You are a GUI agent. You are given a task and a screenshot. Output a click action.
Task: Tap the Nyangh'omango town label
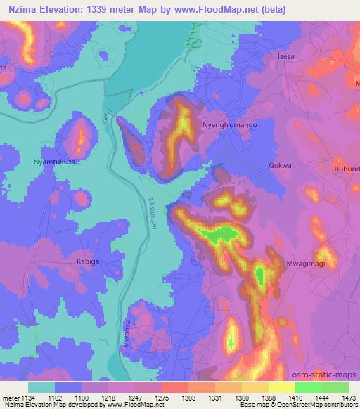click(x=230, y=124)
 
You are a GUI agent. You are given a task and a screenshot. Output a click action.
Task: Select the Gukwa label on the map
click(x=280, y=166)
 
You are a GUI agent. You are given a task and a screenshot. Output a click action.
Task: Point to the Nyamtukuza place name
click(x=55, y=162)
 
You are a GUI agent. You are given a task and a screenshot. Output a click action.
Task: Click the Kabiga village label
click(x=89, y=261)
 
